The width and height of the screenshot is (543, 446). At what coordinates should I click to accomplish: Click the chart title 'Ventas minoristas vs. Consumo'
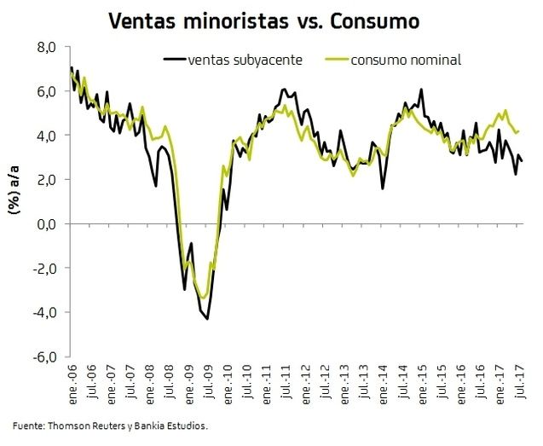click(264, 20)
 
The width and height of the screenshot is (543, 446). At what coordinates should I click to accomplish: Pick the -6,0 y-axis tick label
click(43, 356)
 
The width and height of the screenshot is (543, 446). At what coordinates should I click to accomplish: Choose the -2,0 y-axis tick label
click(43, 268)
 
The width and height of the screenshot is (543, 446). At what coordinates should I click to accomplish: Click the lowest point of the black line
click(207, 319)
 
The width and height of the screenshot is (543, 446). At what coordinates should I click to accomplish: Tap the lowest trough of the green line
click(204, 298)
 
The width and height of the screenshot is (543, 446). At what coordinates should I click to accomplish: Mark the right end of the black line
click(522, 160)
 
